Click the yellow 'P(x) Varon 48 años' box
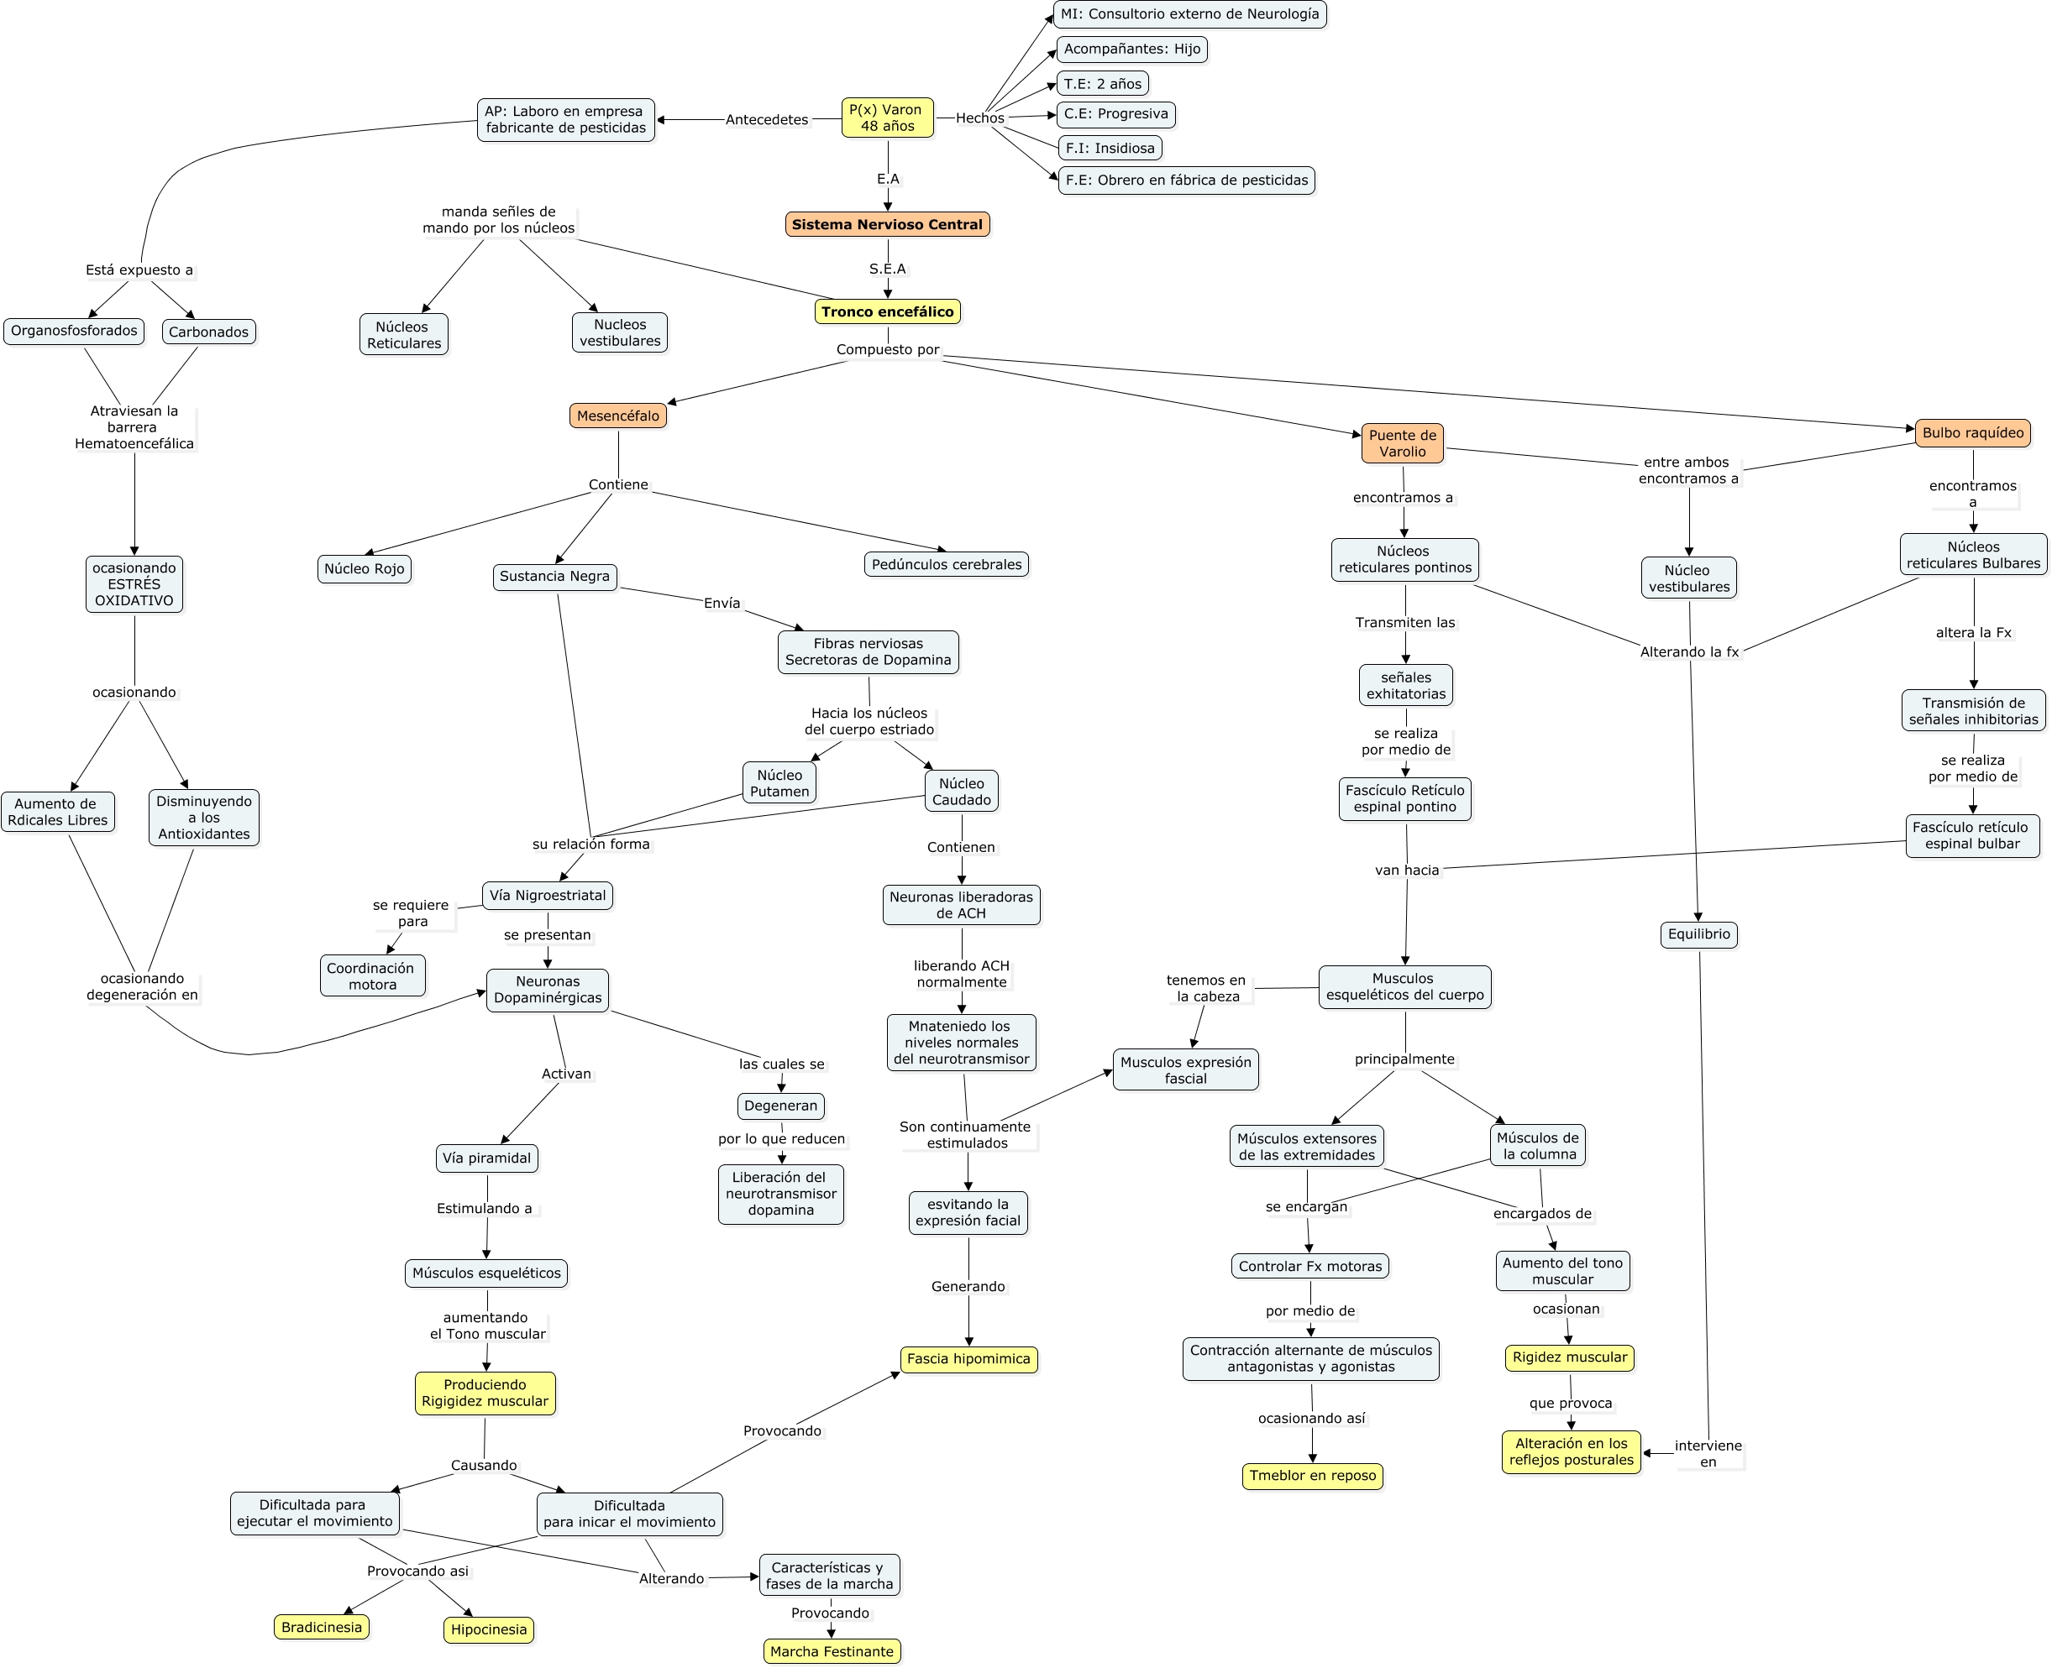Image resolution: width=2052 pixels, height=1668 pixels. click(886, 118)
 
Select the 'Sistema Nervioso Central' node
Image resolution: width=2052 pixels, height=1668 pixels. click(886, 225)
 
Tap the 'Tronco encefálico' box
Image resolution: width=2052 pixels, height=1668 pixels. click(886, 311)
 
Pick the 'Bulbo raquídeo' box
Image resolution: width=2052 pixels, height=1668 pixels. click(1972, 433)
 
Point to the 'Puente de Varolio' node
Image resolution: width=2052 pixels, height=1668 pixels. click(1401, 444)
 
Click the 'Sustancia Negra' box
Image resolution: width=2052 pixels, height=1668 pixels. click(554, 577)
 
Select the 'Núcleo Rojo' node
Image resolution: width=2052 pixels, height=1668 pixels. click(365, 569)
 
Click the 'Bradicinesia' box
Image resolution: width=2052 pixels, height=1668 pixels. click(321, 1627)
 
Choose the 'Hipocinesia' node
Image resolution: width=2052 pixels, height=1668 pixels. click(488, 1629)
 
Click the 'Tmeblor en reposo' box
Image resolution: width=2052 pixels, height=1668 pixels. click(1312, 1476)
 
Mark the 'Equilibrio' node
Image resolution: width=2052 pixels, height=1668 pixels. click(1698, 934)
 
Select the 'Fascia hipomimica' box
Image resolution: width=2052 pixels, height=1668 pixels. click(968, 1358)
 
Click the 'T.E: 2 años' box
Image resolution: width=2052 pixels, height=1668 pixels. click(1102, 84)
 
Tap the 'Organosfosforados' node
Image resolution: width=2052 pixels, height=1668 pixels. click(74, 332)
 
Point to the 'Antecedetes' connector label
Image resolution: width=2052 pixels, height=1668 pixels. click(766, 120)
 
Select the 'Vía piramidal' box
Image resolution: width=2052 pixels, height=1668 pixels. click(486, 1158)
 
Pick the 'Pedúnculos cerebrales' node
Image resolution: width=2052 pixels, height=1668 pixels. click(946, 565)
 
